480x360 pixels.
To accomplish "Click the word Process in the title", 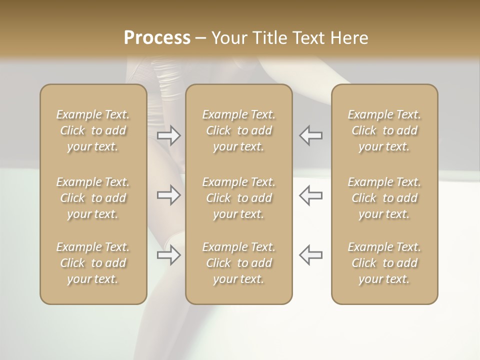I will pyautogui.click(x=157, y=38).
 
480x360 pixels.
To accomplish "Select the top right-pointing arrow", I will pyautogui.click(x=168, y=135).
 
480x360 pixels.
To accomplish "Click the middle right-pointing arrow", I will pyautogui.click(x=168, y=195).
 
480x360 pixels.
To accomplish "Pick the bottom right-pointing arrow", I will pyautogui.click(x=168, y=255).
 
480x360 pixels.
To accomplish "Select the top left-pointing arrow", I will pyautogui.click(x=311, y=135).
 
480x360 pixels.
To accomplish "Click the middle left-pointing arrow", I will pyautogui.click(x=311, y=195).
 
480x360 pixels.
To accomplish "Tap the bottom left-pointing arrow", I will pyautogui.click(x=311, y=254).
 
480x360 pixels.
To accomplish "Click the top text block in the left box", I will pyautogui.click(x=93, y=130).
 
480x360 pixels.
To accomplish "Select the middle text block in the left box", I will pyautogui.click(x=93, y=198).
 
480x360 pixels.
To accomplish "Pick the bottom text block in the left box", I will pyautogui.click(x=93, y=263).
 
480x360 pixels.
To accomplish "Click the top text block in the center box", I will pyautogui.click(x=238, y=130).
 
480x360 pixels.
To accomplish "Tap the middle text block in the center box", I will pyautogui.click(x=238, y=198).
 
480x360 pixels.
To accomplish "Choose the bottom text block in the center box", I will pyautogui.click(x=238, y=263).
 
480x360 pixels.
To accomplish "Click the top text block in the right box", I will pyautogui.click(x=384, y=130).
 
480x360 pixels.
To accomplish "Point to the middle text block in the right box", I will pyautogui.click(x=384, y=198).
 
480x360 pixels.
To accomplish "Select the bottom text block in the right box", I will pyautogui.click(x=384, y=263).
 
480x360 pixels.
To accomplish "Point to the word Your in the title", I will pyautogui.click(x=229, y=38).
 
